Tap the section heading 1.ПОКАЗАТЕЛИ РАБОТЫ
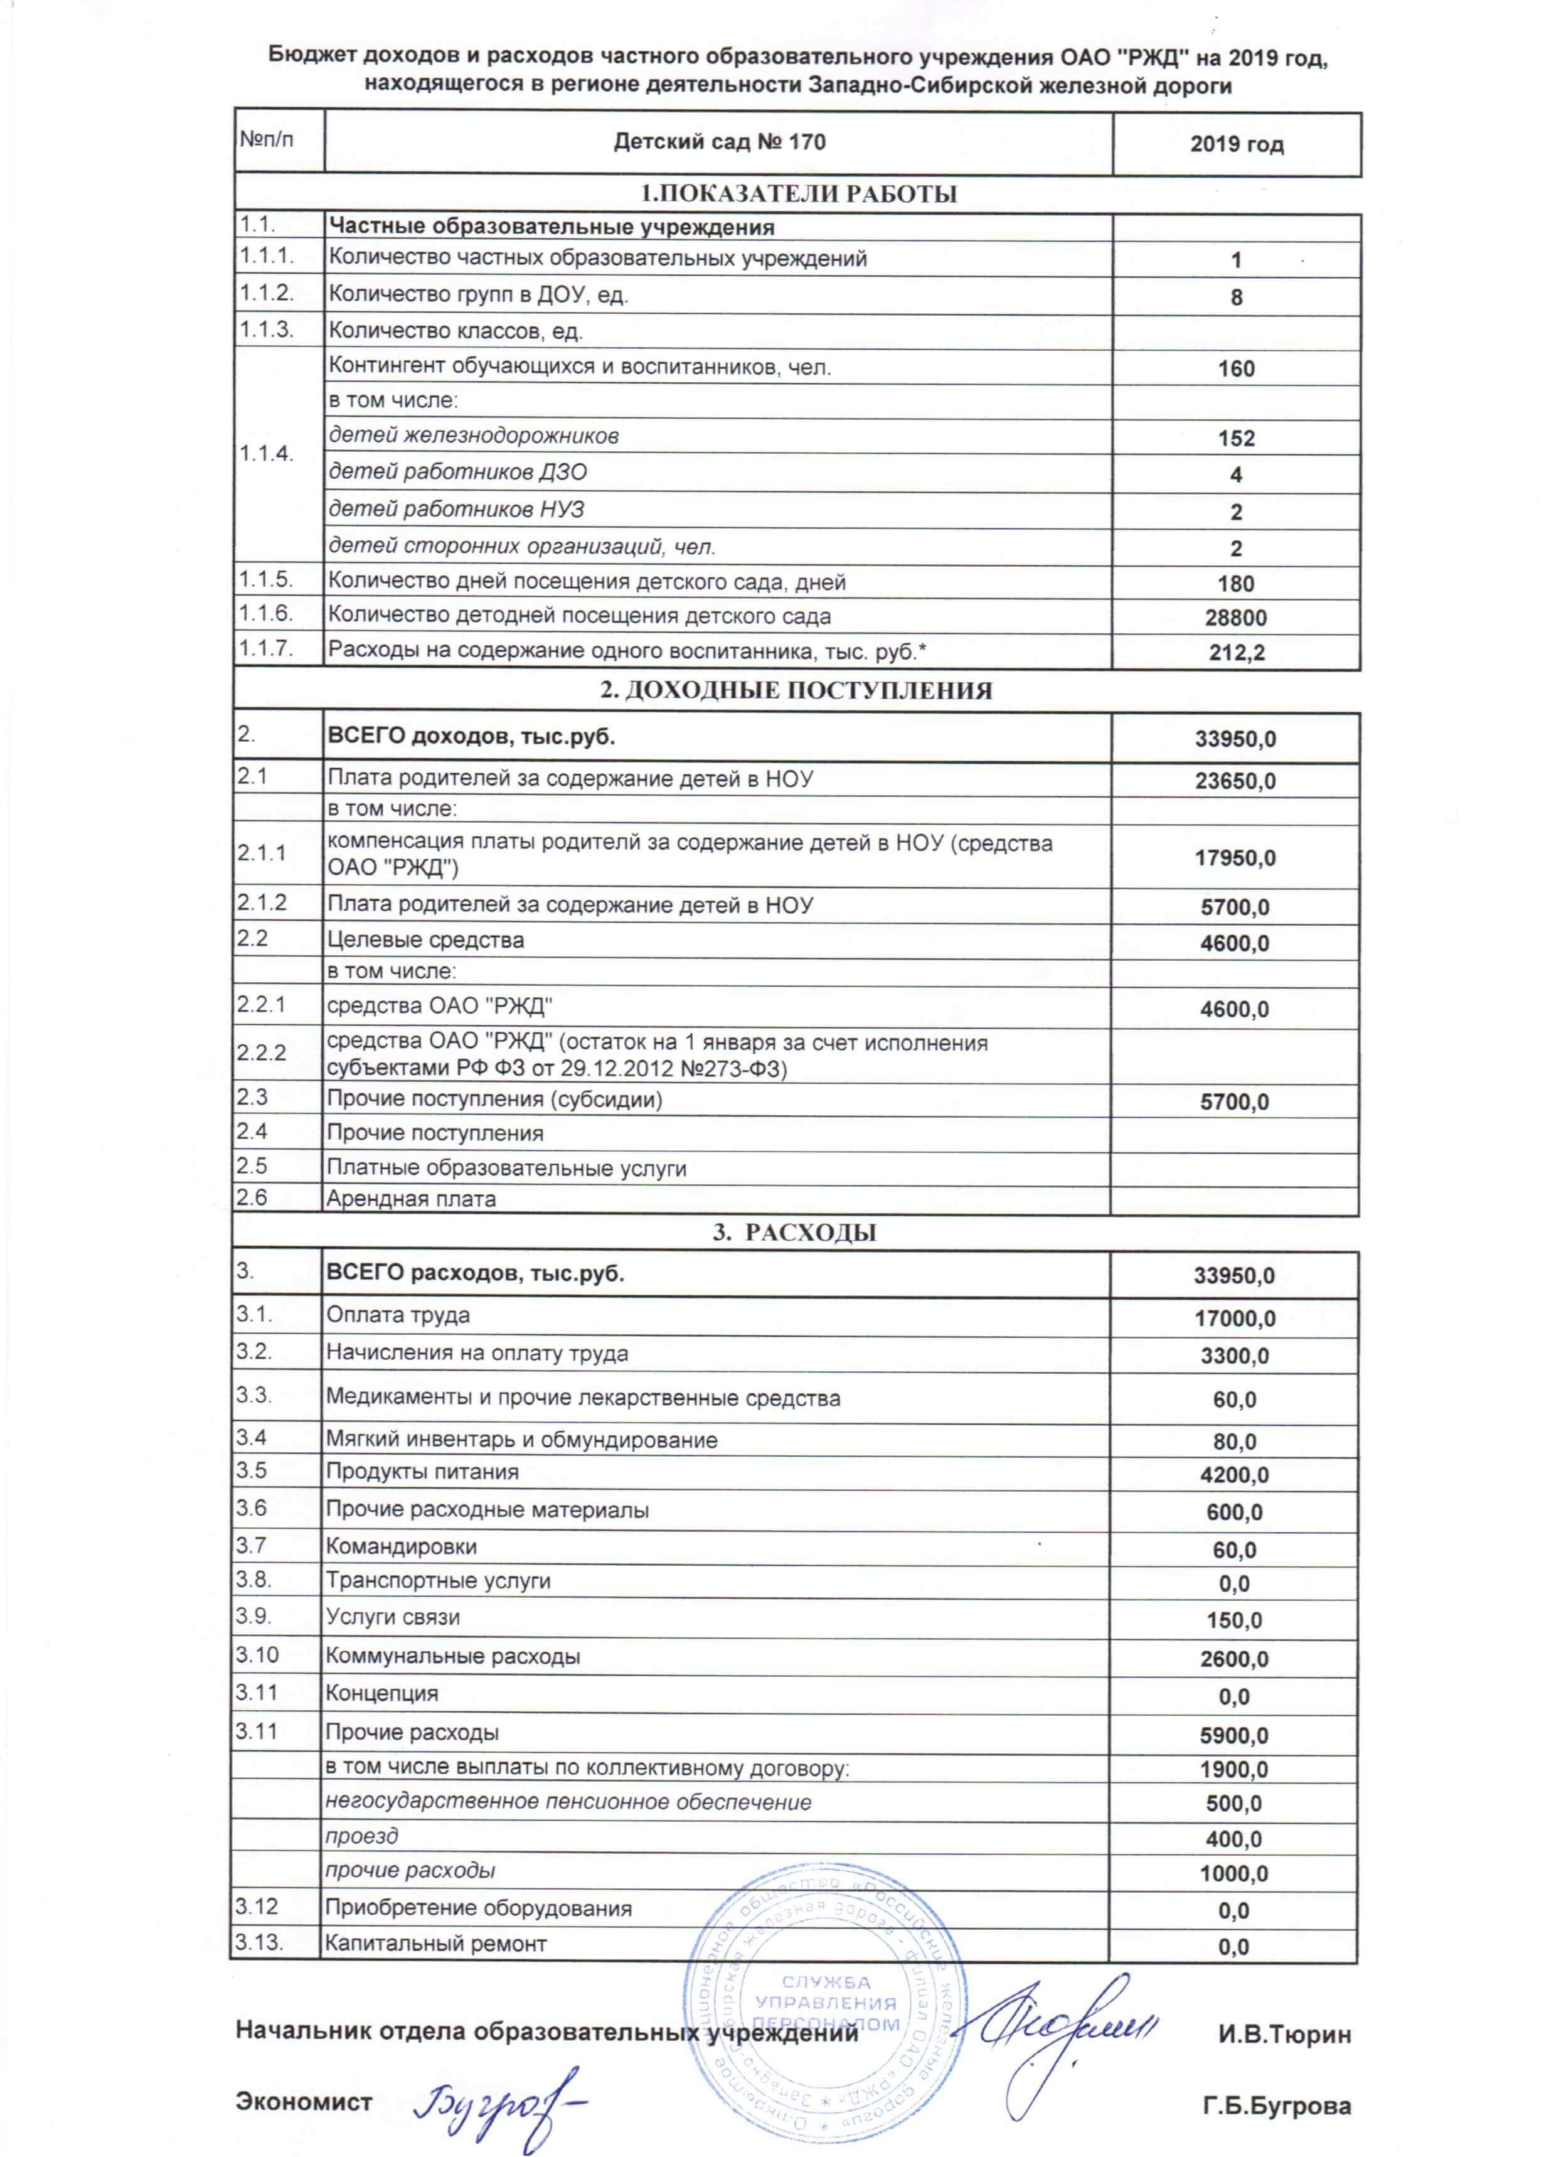(797, 194)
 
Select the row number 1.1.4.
(265, 452)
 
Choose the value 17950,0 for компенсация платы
(1235, 858)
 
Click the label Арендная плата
(411, 1199)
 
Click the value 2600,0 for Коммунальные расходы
(1234, 1659)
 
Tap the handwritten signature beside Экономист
(499, 2097)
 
